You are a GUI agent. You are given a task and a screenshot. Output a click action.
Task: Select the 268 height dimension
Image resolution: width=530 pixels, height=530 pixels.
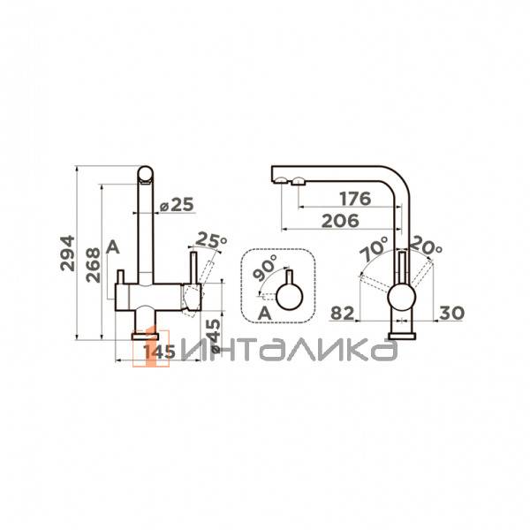click(93, 265)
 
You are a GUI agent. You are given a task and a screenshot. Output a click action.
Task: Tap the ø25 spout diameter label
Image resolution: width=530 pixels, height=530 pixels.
click(177, 205)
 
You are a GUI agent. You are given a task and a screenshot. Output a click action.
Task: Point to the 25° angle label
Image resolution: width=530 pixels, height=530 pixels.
click(211, 239)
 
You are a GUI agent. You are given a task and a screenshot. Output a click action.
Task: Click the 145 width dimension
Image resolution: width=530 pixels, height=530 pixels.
click(160, 352)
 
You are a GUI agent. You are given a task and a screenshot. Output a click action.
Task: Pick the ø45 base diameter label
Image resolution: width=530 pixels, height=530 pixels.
click(213, 336)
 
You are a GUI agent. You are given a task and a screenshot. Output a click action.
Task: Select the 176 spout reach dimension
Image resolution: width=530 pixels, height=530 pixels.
click(355, 199)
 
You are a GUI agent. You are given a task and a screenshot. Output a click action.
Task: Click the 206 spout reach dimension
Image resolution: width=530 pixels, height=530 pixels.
click(340, 221)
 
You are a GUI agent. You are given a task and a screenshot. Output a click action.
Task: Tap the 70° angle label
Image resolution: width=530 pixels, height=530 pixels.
click(374, 248)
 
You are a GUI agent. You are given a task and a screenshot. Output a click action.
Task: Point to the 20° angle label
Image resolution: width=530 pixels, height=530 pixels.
click(426, 246)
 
